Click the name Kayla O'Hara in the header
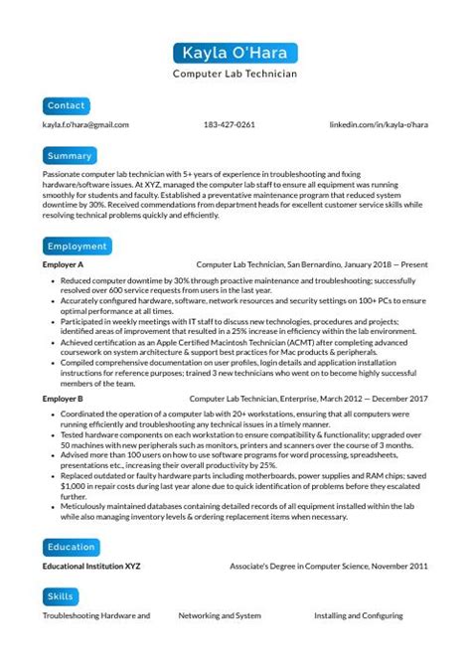click(235, 53)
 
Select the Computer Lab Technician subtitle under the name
click(235, 74)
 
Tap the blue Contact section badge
click(67, 105)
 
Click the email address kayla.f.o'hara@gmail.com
click(85, 125)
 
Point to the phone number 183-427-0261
click(229, 125)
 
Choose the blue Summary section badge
click(70, 156)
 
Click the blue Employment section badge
click(77, 246)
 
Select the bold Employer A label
click(63, 266)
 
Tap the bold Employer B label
click(63, 399)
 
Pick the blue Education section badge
click(72, 546)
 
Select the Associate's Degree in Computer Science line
click(343, 567)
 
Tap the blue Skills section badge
click(61, 596)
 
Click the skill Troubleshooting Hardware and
click(96, 616)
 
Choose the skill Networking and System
click(221, 616)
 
